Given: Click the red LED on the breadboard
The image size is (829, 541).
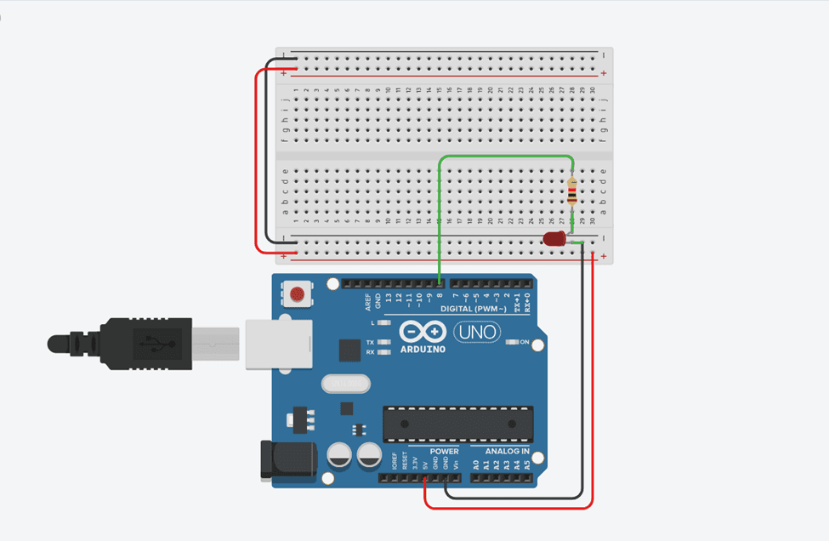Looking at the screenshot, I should tap(555, 240).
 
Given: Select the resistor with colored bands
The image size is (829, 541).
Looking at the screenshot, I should tap(571, 194).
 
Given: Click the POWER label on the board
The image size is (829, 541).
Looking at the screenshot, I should tap(444, 452).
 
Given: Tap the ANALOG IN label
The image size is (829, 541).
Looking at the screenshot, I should tap(507, 452).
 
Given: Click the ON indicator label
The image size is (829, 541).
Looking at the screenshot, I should tap(525, 343).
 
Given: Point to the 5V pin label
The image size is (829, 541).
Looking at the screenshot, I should tap(424, 464).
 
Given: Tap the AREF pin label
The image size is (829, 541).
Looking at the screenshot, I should tap(367, 299).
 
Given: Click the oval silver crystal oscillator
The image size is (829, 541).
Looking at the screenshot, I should tap(346, 384).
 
